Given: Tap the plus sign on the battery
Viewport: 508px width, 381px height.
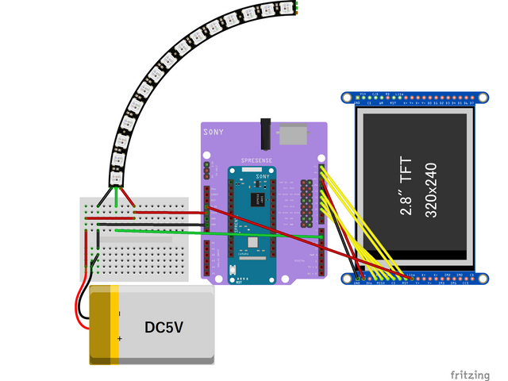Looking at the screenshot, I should click(x=120, y=339).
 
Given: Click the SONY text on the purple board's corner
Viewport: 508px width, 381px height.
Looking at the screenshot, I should click(x=214, y=133).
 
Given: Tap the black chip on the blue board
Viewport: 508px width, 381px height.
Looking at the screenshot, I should click(x=258, y=199).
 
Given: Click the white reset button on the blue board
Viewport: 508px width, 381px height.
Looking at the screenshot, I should click(x=233, y=271).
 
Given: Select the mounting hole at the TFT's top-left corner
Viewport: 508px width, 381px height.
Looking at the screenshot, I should click(x=346, y=98).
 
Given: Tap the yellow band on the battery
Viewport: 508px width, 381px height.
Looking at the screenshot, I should click(x=114, y=325).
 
